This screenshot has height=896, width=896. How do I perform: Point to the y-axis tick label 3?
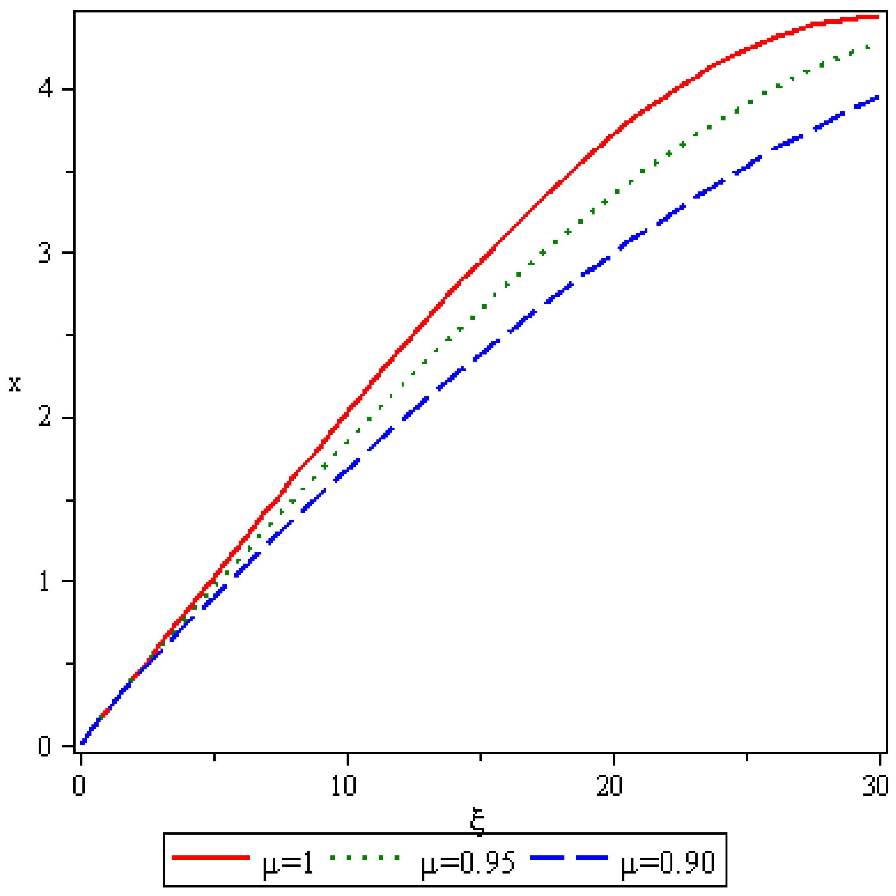[45, 253]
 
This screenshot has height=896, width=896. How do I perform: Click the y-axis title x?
[15, 384]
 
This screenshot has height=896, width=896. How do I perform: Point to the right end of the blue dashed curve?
[877, 97]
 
